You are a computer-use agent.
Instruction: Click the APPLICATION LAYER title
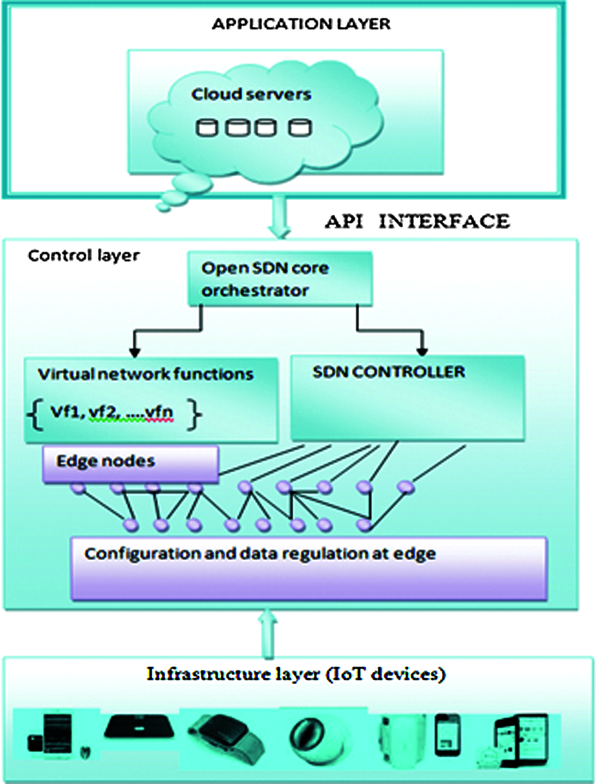tap(301, 24)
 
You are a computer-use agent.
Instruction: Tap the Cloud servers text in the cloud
tap(251, 94)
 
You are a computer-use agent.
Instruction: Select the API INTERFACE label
tap(417, 222)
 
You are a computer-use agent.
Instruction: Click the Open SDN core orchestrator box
tap(279, 279)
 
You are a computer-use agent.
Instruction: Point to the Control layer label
tap(83, 256)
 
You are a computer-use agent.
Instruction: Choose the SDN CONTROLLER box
tap(407, 398)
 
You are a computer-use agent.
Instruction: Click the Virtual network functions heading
tap(145, 374)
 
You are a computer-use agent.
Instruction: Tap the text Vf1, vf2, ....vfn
tap(112, 412)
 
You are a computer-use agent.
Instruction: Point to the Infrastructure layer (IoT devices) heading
tap(296, 674)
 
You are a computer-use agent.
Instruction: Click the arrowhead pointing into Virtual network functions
tap(135, 352)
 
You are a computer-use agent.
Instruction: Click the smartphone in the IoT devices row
tap(447, 735)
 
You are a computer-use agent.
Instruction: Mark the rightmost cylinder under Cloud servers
tap(300, 128)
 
